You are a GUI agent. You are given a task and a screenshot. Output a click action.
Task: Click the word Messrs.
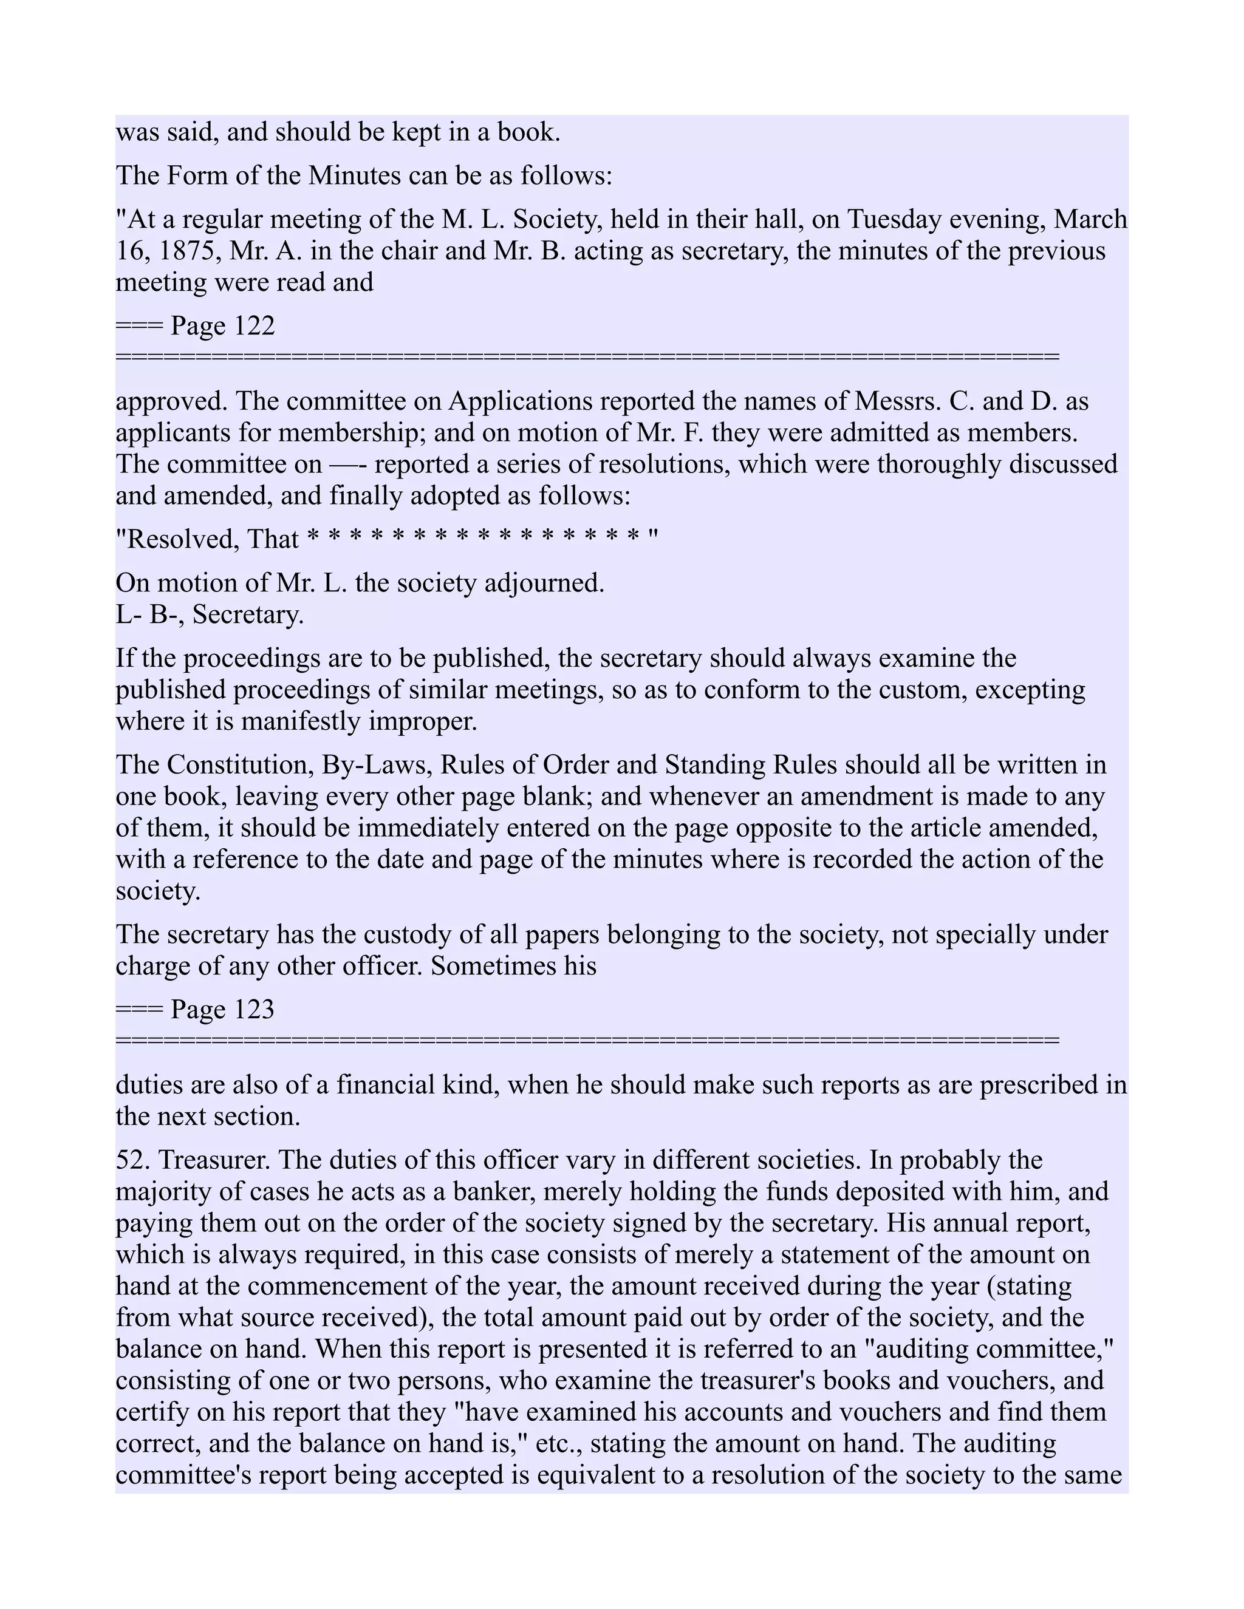pos(896,401)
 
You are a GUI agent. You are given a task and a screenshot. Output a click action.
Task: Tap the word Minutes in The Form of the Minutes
pos(352,176)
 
